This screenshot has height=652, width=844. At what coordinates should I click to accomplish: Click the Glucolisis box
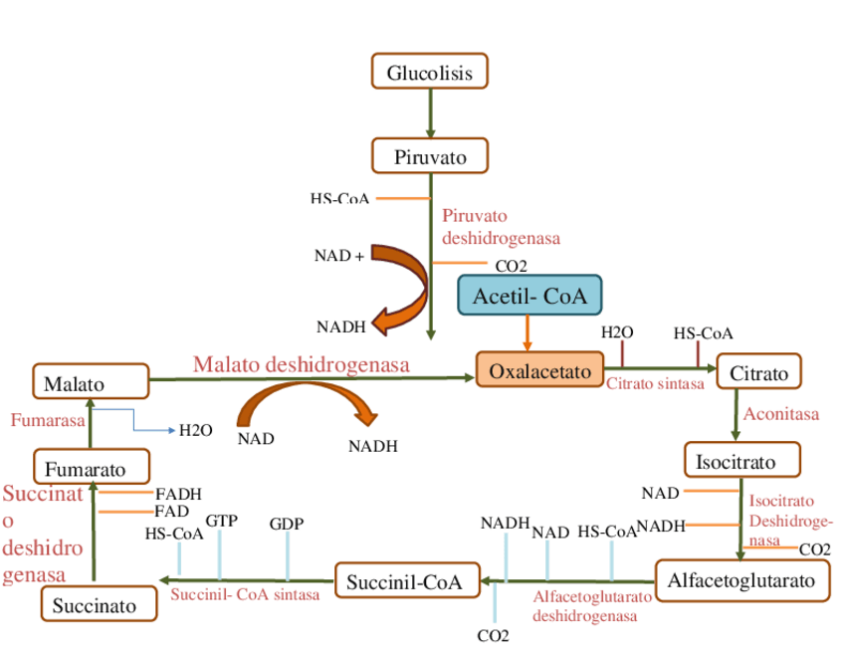click(x=430, y=72)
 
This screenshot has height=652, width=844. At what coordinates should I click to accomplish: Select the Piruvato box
click(x=430, y=156)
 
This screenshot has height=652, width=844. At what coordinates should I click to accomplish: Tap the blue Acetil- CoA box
click(x=529, y=295)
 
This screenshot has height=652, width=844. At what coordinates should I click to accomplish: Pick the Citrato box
click(x=758, y=373)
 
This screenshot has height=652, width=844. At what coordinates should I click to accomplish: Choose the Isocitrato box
click(x=742, y=460)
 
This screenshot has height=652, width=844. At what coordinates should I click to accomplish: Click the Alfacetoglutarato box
click(x=742, y=580)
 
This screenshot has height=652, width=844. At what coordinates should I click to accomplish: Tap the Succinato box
click(x=100, y=603)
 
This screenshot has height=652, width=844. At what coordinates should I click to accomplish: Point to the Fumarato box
click(x=92, y=467)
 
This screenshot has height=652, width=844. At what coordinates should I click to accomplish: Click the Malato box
click(x=90, y=382)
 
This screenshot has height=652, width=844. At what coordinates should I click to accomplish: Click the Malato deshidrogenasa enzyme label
click(x=302, y=364)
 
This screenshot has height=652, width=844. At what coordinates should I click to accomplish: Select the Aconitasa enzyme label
click(x=781, y=414)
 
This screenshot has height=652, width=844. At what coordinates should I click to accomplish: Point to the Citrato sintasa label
click(x=655, y=382)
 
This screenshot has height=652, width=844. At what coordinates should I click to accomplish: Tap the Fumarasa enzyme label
click(x=48, y=420)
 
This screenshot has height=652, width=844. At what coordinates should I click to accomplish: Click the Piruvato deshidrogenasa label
click(x=501, y=227)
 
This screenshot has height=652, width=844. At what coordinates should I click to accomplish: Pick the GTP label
click(x=221, y=520)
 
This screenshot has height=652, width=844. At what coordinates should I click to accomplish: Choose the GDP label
click(x=287, y=524)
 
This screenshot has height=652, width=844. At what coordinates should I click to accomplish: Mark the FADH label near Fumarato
click(x=179, y=494)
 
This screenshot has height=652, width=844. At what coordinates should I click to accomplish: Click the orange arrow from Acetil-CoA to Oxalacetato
click(x=528, y=332)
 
